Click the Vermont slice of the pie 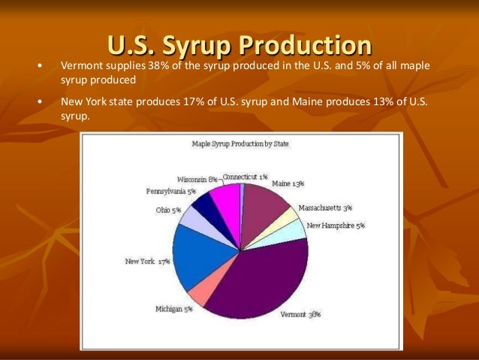(263, 278)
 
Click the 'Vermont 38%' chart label (300, 314)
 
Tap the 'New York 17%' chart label (147, 262)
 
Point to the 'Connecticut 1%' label (245, 176)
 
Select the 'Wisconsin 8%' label (197, 180)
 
